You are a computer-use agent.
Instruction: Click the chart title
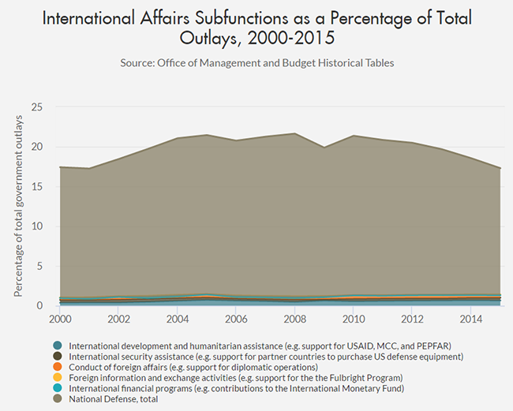tap(256, 27)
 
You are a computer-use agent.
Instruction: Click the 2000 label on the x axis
tap(60, 319)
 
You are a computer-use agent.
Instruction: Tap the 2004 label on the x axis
tap(178, 319)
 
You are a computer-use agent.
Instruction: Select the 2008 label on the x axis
tap(294, 319)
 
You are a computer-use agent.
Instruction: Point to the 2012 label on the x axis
tap(412, 319)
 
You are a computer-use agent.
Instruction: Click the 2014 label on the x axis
tap(470, 319)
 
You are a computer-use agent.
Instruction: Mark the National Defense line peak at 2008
tap(294, 133)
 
